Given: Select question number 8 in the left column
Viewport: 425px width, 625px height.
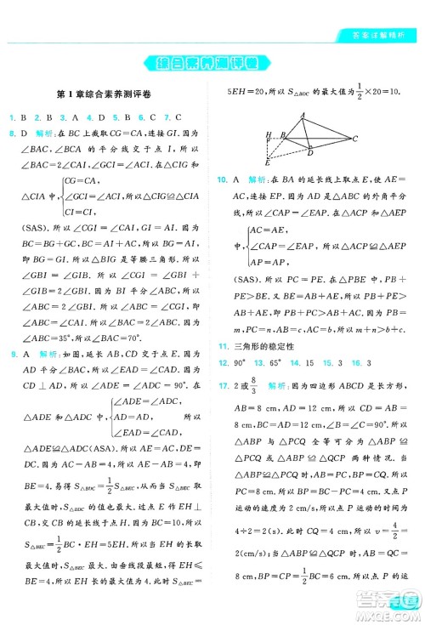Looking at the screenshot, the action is click(x=13, y=134).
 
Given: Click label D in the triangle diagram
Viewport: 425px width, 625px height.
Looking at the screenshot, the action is click(x=310, y=154).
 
